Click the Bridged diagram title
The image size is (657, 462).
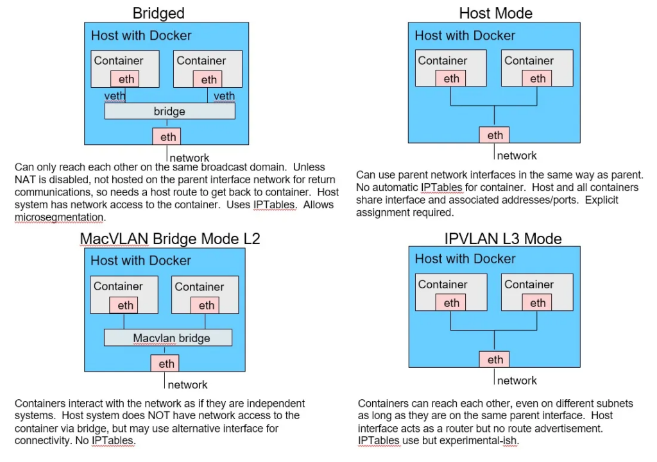[158, 13]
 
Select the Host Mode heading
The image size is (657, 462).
[496, 13]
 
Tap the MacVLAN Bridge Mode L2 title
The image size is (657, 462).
[169, 238]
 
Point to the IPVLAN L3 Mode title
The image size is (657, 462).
[503, 238]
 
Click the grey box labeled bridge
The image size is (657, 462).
[169, 111]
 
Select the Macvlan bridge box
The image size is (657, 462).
[168, 338]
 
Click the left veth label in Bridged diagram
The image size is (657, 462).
[115, 96]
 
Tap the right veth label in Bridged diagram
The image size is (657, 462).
[224, 96]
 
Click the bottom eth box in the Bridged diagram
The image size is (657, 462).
[167, 136]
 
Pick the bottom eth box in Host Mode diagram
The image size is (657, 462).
[495, 135]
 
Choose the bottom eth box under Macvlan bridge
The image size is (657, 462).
[165, 364]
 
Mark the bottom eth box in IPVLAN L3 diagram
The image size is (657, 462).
[495, 359]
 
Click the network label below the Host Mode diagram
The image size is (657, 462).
[516, 156]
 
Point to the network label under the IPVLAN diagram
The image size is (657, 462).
[516, 381]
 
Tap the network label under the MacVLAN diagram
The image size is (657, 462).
[188, 384]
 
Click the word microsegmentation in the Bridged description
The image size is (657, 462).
[59, 218]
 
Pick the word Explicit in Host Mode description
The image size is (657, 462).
[601, 200]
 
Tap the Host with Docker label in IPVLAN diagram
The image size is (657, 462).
[465, 259]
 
